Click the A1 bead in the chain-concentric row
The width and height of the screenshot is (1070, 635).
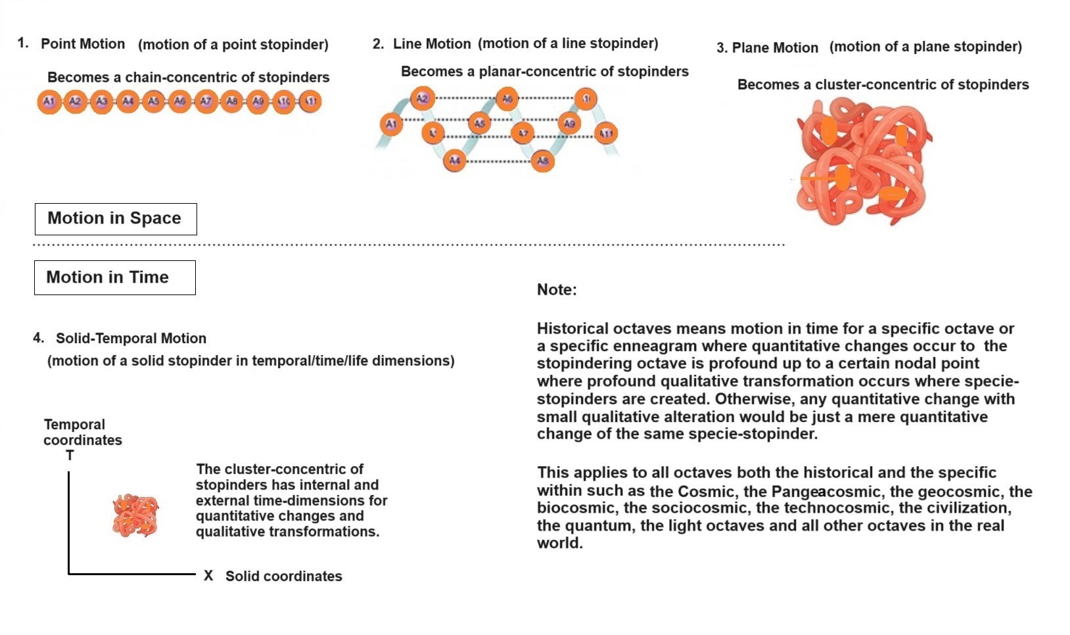click(x=49, y=102)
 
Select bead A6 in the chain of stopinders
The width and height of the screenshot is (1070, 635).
click(x=179, y=102)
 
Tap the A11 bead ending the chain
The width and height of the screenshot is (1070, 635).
click(x=310, y=102)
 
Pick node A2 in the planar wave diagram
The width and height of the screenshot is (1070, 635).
click(x=422, y=99)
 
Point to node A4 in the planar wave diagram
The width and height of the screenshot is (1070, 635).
click(x=454, y=160)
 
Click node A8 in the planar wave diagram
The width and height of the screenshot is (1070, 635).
click(x=542, y=160)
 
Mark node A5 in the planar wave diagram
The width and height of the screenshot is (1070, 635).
click(x=479, y=123)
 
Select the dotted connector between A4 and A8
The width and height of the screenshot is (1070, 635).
click(x=498, y=161)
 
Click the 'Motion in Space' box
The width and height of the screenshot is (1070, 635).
click(x=116, y=218)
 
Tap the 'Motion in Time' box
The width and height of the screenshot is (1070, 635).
click(x=114, y=277)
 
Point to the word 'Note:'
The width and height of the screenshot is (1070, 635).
click(x=557, y=290)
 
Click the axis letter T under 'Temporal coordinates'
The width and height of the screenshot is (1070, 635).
click(x=70, y=456)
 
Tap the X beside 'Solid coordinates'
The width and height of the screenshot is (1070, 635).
click(x=208, y=576)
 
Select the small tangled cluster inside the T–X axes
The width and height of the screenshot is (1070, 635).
click(x=136, y=515)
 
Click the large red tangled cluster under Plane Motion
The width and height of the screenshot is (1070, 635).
click(x=862, y=162)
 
